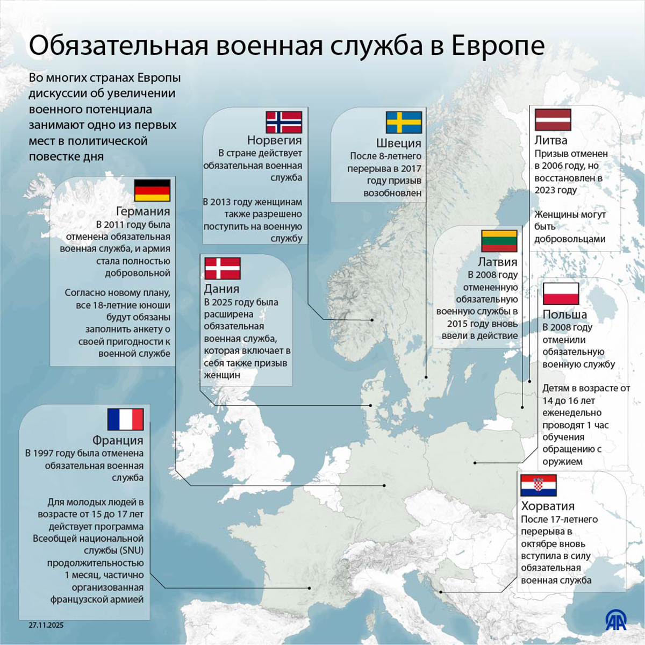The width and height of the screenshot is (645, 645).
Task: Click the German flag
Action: [152, 190]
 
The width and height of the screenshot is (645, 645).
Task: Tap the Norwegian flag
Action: [284, 122]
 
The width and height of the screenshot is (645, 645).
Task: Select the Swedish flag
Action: [404, 123]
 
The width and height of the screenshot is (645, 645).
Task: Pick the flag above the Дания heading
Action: [222, 268]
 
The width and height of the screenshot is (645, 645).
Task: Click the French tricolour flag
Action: [125, 419]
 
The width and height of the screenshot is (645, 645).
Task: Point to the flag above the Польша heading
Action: [561, 294]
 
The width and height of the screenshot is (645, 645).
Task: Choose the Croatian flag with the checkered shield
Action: [538, 485]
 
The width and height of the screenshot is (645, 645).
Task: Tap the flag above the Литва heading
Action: [553, 119]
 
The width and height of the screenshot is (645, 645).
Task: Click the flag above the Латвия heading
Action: [499, 241]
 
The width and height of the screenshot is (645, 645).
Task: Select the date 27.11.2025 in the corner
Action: [46, 625]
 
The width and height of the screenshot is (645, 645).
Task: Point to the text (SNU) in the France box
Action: [131, 550]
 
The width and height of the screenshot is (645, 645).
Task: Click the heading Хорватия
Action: [548, 506]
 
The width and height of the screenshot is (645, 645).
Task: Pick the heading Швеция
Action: [398, 143]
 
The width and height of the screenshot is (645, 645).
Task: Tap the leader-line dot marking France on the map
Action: [310, 588]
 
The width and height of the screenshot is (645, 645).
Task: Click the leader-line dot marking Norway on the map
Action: [372, 320]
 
